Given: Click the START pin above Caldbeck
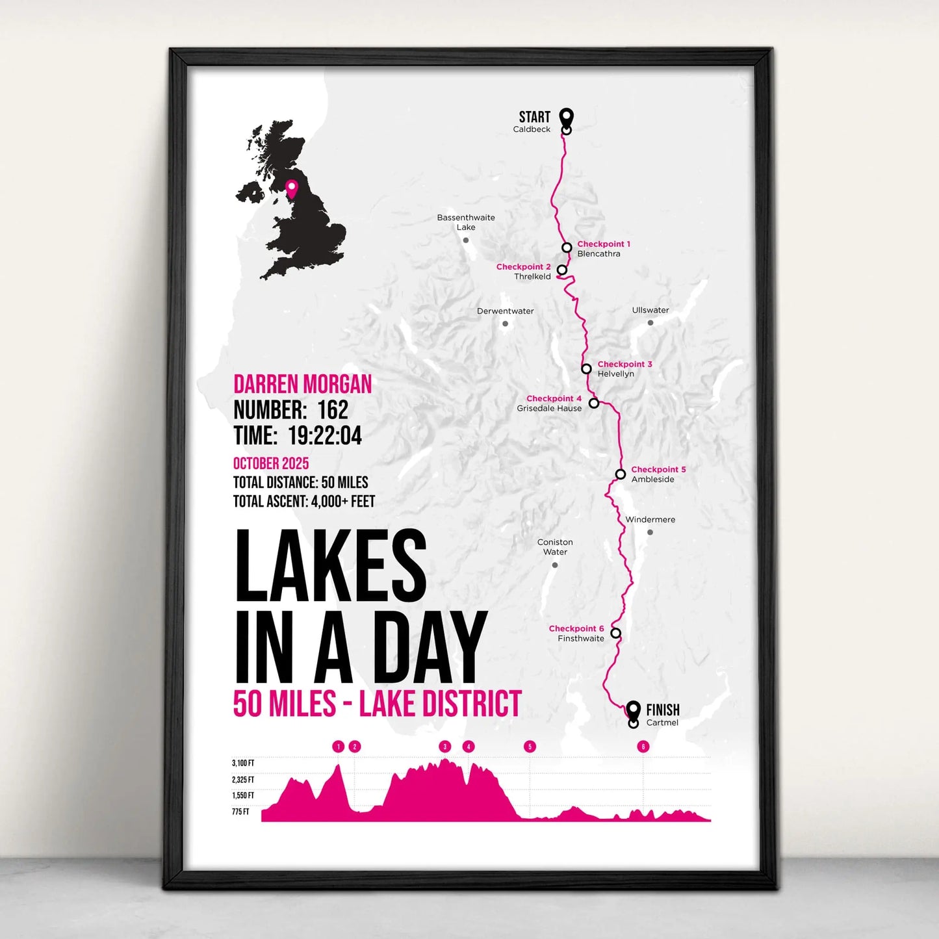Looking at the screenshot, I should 567,118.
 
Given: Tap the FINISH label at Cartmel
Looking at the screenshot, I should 662,710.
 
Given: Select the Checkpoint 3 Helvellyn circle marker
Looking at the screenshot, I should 586,369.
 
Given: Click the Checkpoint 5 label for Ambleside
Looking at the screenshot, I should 658,469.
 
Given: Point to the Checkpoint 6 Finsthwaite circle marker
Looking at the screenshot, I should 615,633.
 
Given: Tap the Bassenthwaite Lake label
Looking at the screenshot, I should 466,222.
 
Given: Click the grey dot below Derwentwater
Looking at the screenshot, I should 505,324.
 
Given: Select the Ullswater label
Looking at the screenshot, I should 650,310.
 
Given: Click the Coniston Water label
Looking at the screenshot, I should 555,547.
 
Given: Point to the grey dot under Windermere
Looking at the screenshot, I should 650,532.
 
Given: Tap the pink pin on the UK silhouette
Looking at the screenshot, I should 292,188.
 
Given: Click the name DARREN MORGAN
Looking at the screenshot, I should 303,384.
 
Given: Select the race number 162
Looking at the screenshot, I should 333,410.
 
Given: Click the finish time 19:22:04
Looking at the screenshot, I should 325,435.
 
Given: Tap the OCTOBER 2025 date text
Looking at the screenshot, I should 271,463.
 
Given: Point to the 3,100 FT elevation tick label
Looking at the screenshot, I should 243,764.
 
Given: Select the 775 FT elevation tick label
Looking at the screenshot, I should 241,812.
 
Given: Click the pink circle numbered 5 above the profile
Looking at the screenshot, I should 530,747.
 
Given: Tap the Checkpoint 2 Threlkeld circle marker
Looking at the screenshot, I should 562,270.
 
